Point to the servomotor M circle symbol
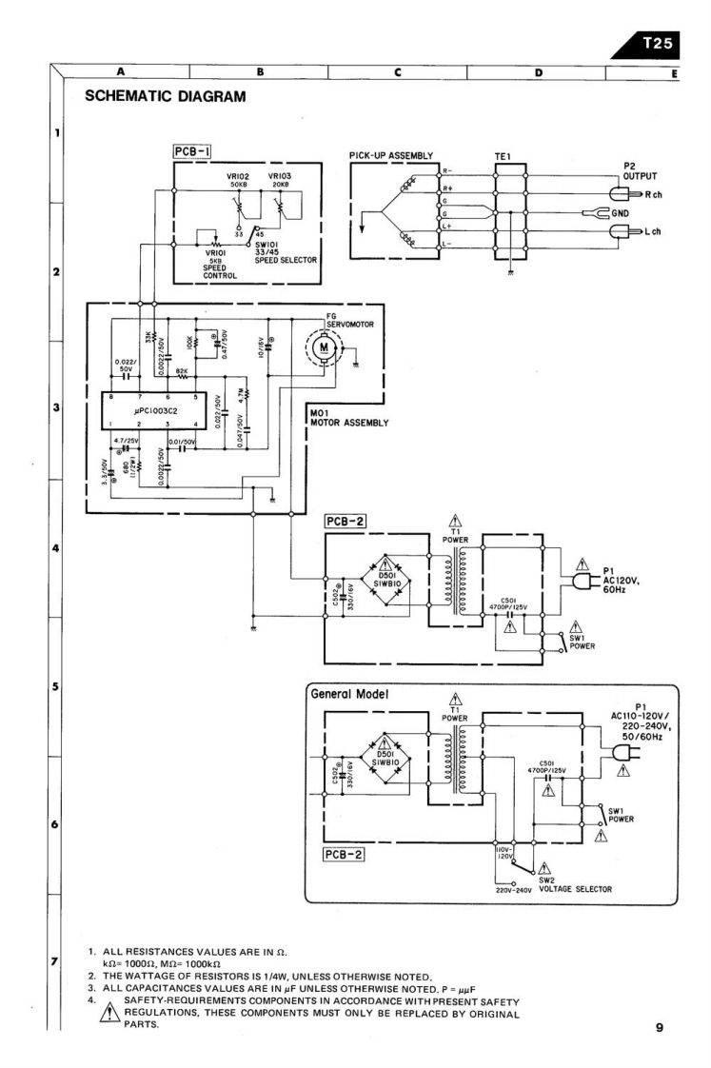(324, 347)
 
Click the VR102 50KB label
(236, 181)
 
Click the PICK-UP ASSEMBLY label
(391, 155)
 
